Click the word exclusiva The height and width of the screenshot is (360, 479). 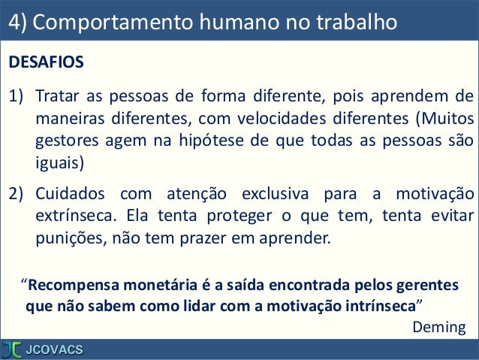pos(268,195)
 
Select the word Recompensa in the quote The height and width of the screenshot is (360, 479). pos(71,286)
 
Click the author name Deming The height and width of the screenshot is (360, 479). pos(439,327)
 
